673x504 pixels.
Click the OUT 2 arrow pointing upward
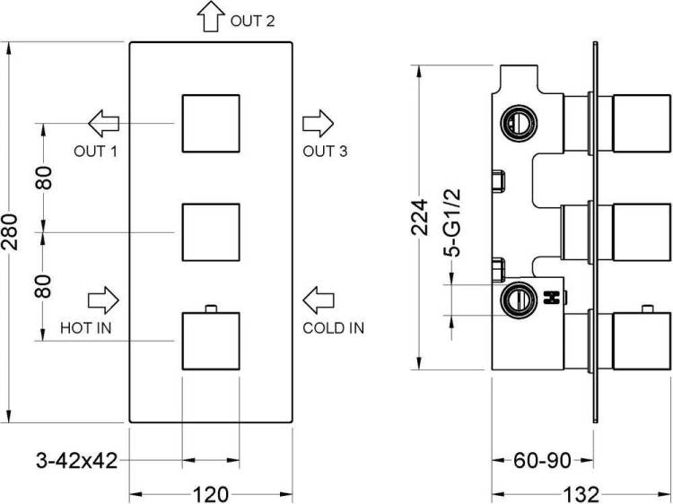pyautogui.click(x=211, y=16)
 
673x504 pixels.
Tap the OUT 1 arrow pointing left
pyautogui.click(x=103, y=124)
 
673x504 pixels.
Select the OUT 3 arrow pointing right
pyautogui.click(x=318, y=124)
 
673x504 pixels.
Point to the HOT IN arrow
pyautogui.click(x=103, y=300)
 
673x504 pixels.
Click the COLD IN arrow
pyautogui.click(x=318, y=300)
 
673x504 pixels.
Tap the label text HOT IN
pyautogui.click(x=86, y=328)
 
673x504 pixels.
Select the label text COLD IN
pyautogui.click(x=334, y=328)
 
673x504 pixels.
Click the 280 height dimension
pyautogui.click(x=10, y=232)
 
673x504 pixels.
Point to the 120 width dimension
pyautogui.click(x=210, y=494)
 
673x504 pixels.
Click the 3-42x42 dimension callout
pyautogui.click(x=77, y=461)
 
